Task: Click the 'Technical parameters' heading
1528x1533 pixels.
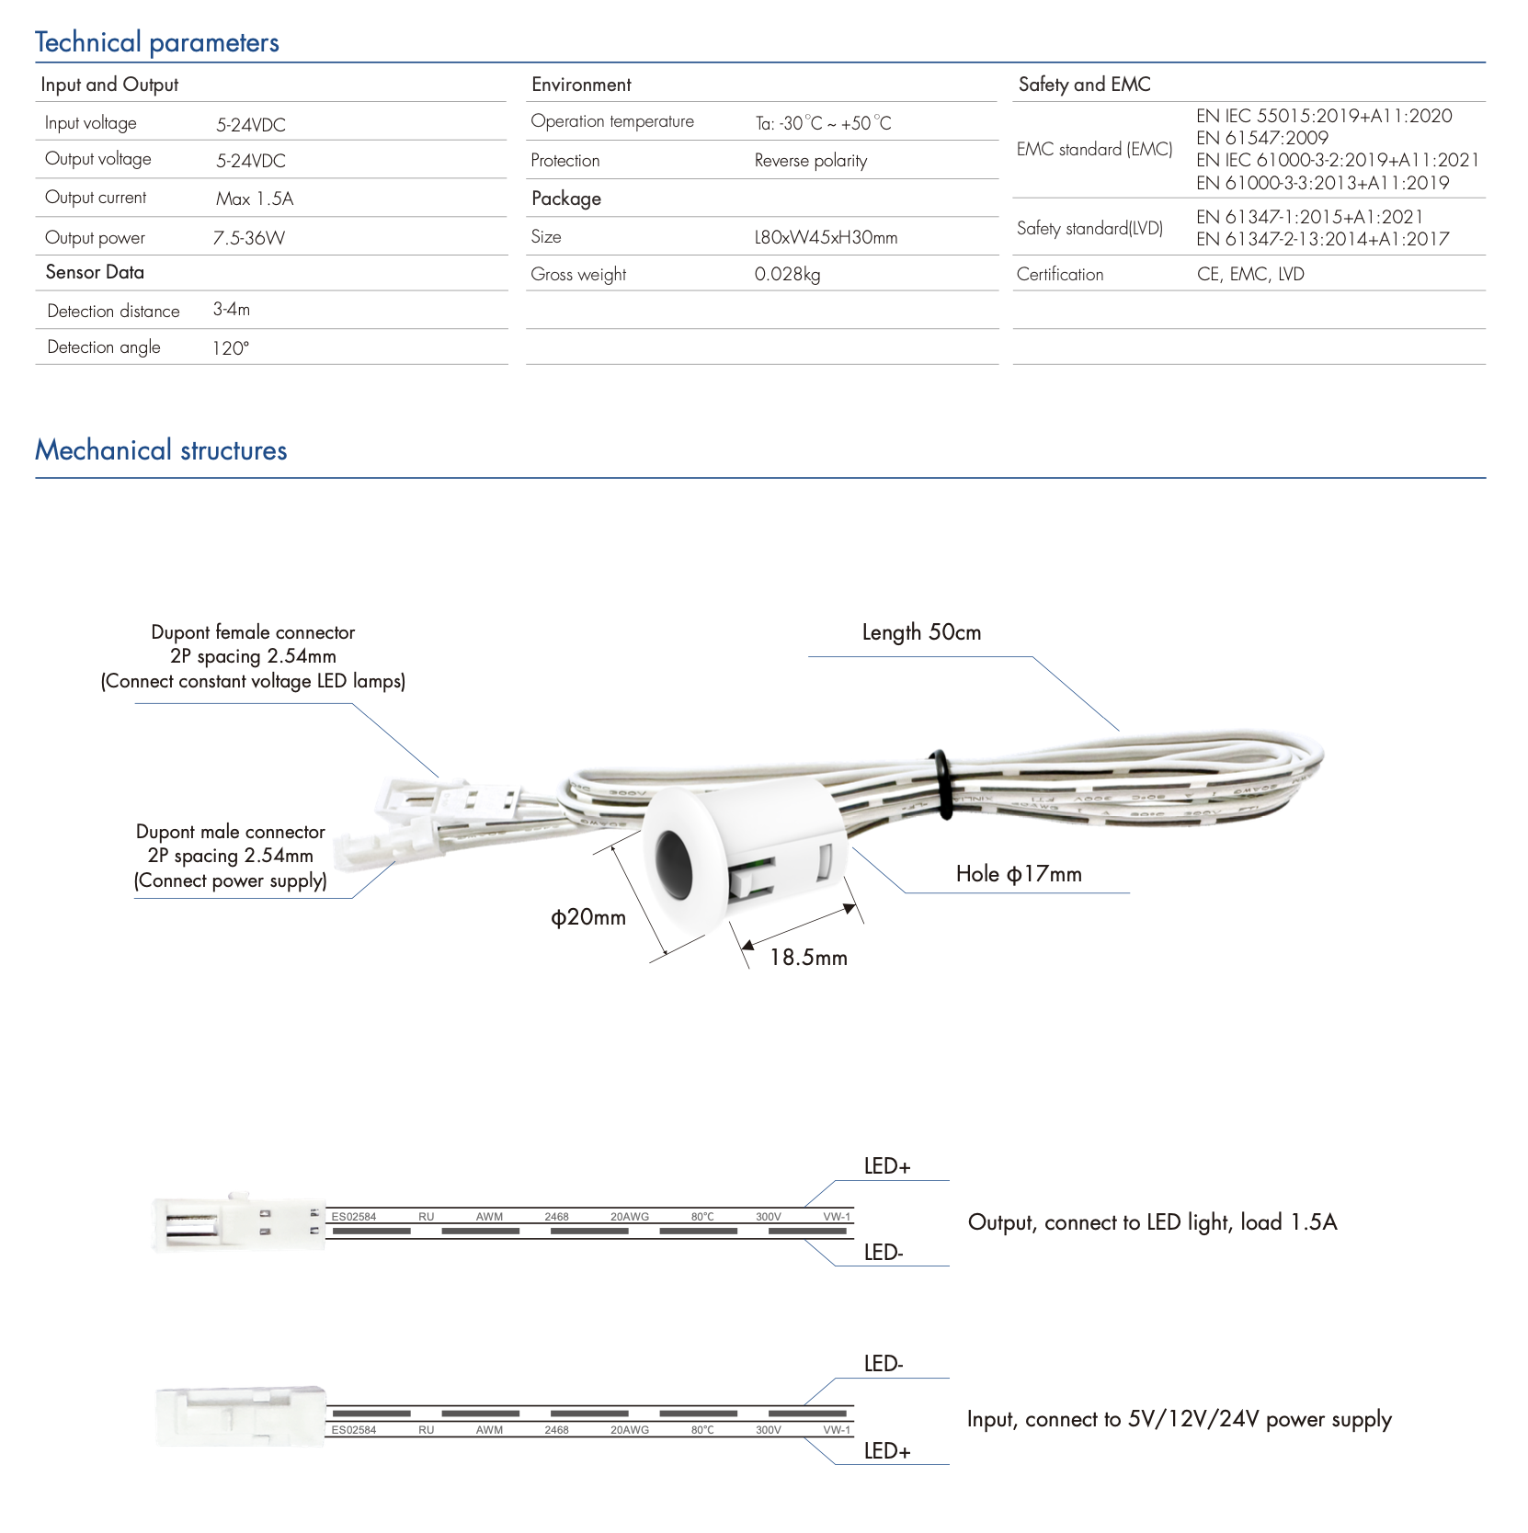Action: (x=156, y=42)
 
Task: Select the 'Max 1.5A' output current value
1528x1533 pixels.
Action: (x=255, y=199)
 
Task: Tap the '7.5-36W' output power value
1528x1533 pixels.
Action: (x=248, y=238)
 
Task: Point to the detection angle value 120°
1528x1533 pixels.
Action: (x=231, y=348)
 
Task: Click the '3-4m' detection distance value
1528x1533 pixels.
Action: (x=232, y=310)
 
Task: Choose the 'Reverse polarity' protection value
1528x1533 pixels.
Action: (x=810, y=161)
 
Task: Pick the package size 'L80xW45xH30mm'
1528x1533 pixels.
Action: (x=825, y=237)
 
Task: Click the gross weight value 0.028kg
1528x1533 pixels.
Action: (x=787, y=274)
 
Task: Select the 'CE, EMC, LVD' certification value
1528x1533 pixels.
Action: (x=1250, y=274)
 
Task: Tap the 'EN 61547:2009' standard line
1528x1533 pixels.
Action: (x=1261, y=138)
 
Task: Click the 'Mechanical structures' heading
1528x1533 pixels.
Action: (x=161, y=450)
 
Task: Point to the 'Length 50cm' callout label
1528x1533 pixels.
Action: (x=921, y=632)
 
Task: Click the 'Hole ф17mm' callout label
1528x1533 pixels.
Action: (x=1019, y=874)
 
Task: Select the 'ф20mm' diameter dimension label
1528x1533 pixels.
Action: (x=588, y=917)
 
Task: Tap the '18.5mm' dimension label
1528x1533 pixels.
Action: (x=808, y=958)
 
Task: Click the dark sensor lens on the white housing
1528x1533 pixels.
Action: (x=674, y=863)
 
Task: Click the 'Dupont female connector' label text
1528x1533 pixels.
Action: (x=253, y=632)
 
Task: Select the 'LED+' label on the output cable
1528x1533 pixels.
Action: (x=887, y=1166)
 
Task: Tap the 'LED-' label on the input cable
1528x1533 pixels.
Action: (x=884, y=1364)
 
